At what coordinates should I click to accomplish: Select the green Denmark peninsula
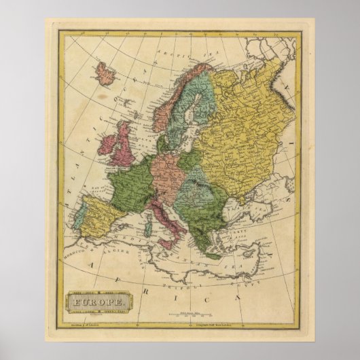click(x=162, y=144)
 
